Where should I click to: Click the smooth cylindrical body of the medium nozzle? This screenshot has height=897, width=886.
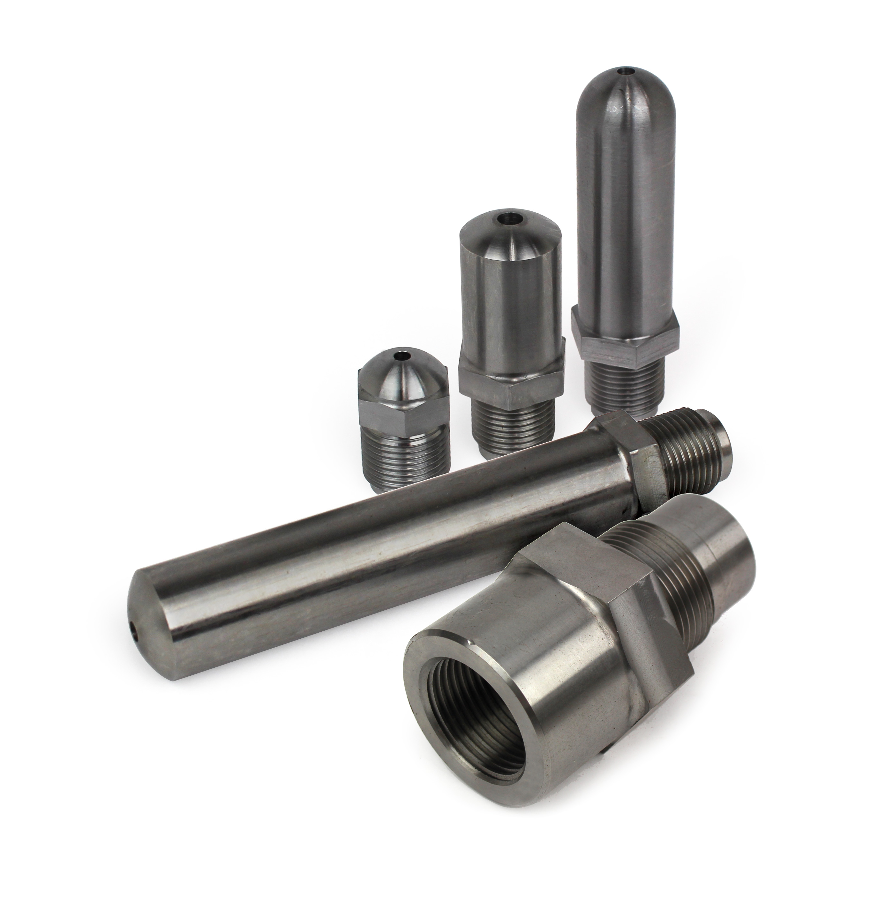point(507,297)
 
